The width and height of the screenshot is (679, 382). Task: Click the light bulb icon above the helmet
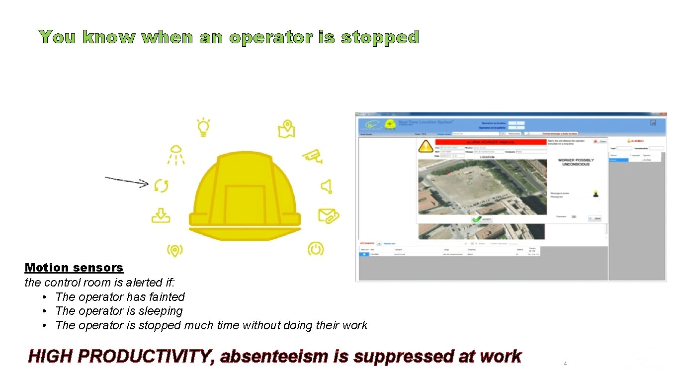click(x=203, y=127)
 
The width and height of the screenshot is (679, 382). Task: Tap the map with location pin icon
click(x=286, y=129)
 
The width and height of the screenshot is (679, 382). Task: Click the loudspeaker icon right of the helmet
click(x=326, y=186)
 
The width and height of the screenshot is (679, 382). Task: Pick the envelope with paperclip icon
click(x=328, y=216)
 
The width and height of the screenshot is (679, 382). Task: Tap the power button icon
click(x=316, y=248)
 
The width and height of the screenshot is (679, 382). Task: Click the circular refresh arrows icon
click(x=161, y=186)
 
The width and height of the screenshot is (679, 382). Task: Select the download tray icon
click(x=161, y=215)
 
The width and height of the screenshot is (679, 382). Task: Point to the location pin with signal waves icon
click(x=174, y=250)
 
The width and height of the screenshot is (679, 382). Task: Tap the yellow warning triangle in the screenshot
click(x=426, y=146)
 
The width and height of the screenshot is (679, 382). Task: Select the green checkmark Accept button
click(x=481, y=219)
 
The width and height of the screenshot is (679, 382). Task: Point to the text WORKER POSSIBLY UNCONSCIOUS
click(x=576, y=162)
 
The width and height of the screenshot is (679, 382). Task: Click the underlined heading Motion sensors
click(x=74, y=268)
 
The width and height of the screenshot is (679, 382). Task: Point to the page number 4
click(x=565, y=364)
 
